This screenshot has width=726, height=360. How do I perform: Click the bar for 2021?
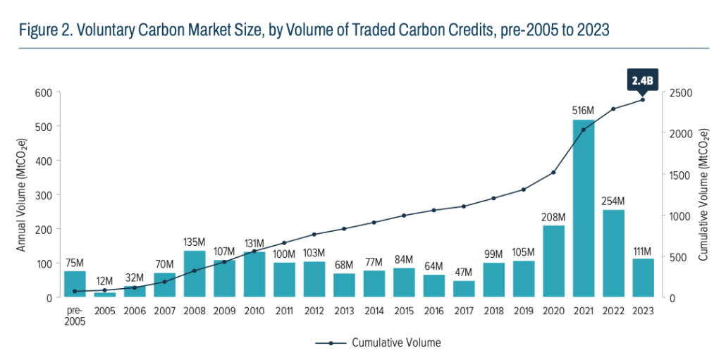point(583,209)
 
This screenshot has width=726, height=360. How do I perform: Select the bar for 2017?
point(464,289)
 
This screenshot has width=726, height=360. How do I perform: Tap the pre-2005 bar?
point(75,284)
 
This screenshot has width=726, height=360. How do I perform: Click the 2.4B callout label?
point(642,81)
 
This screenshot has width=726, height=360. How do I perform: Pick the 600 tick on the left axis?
point(44,92)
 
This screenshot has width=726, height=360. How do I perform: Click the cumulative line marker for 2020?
point(553,173)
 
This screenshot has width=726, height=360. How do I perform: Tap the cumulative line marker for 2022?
point(613,108)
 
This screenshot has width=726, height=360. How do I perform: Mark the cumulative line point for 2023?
point(642,99)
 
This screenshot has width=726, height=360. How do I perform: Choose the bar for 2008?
point(195,273)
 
